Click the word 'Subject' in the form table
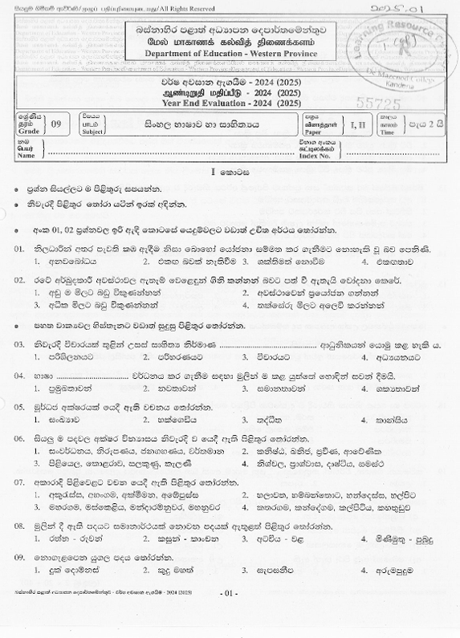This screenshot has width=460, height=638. [x=93, y=133]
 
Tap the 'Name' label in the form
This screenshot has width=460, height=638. [x=26, y=156]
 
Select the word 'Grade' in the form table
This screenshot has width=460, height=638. [x=26, y=133]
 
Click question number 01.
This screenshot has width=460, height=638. [x=21, y=250]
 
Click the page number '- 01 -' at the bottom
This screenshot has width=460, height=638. [x=229, y=616]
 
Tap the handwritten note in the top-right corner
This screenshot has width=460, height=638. [x=414, y=9]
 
